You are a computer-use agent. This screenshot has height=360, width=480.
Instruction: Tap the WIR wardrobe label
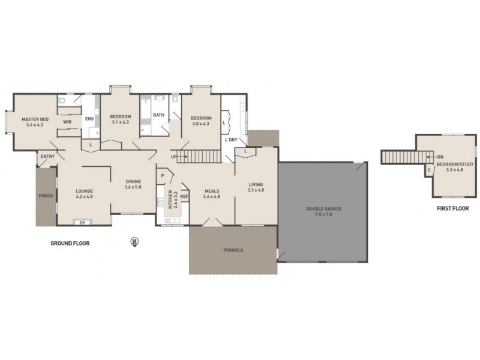coord(67,122)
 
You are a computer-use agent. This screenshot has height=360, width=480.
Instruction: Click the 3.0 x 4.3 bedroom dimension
coord(200,124)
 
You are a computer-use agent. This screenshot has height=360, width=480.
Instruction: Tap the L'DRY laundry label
coord(230,140)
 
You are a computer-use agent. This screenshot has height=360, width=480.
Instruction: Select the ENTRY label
coord(46,157)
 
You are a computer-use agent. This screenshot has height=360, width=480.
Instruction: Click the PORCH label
coord(46,196)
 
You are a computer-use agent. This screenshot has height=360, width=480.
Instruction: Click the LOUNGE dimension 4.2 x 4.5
coord(84,196)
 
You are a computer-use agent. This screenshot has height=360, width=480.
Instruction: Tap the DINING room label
coord(133,182)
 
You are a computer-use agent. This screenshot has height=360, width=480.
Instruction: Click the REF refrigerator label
coord(184,196)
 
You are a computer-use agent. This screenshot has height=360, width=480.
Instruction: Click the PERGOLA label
coord(233,250)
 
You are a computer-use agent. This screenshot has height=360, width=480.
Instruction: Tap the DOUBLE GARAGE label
coord(323,209)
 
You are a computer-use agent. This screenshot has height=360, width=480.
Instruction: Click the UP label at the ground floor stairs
coord(175,157)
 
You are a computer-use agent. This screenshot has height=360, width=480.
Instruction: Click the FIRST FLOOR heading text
coord(452,209)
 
